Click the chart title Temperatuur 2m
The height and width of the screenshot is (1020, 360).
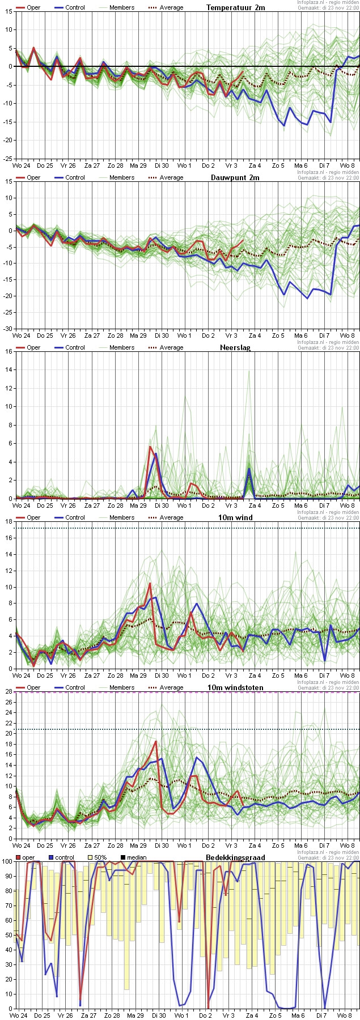[x=235, y=7]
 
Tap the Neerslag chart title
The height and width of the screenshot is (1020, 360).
[x=235, y=347]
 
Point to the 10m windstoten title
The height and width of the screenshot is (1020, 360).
[x=236, y=687]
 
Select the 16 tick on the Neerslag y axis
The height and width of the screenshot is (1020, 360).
[x=8, y=351]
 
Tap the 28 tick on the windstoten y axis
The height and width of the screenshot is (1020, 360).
[x=8, y=691]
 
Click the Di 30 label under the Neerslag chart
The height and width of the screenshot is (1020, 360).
[x=161, y=505]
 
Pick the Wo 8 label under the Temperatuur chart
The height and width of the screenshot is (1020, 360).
[x=348, y=165]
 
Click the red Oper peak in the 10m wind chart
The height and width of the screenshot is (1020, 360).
[x=150, y=583]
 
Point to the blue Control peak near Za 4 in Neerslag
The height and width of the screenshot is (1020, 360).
[x=249, y=469]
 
